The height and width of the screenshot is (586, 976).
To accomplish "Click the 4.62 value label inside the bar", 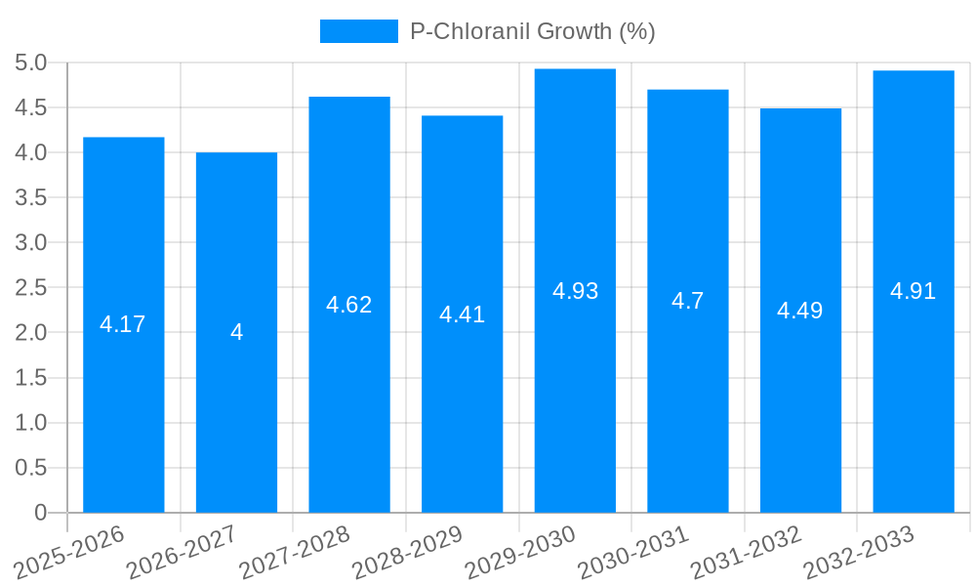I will click(348, 305).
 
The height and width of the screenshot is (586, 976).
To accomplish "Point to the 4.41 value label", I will click(462, 314).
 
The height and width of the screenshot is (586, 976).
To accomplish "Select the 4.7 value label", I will click(687, 301).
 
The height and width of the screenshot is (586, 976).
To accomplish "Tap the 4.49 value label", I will click(799, 311).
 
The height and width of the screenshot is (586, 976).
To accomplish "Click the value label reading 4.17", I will click(123, 324).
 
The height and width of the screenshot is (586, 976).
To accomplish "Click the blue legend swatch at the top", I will click(358, 31).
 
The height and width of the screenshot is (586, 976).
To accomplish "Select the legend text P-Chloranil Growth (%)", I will click(532, 31).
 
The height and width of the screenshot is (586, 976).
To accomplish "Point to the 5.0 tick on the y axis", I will click(30, 63).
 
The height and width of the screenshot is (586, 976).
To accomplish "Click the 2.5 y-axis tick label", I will click(30, 288).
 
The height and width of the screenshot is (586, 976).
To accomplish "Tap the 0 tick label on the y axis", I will click(40, 513).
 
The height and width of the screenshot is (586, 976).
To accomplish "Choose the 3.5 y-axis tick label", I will click(30, 198).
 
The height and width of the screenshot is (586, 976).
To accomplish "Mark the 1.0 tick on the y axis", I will click(30, 423).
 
